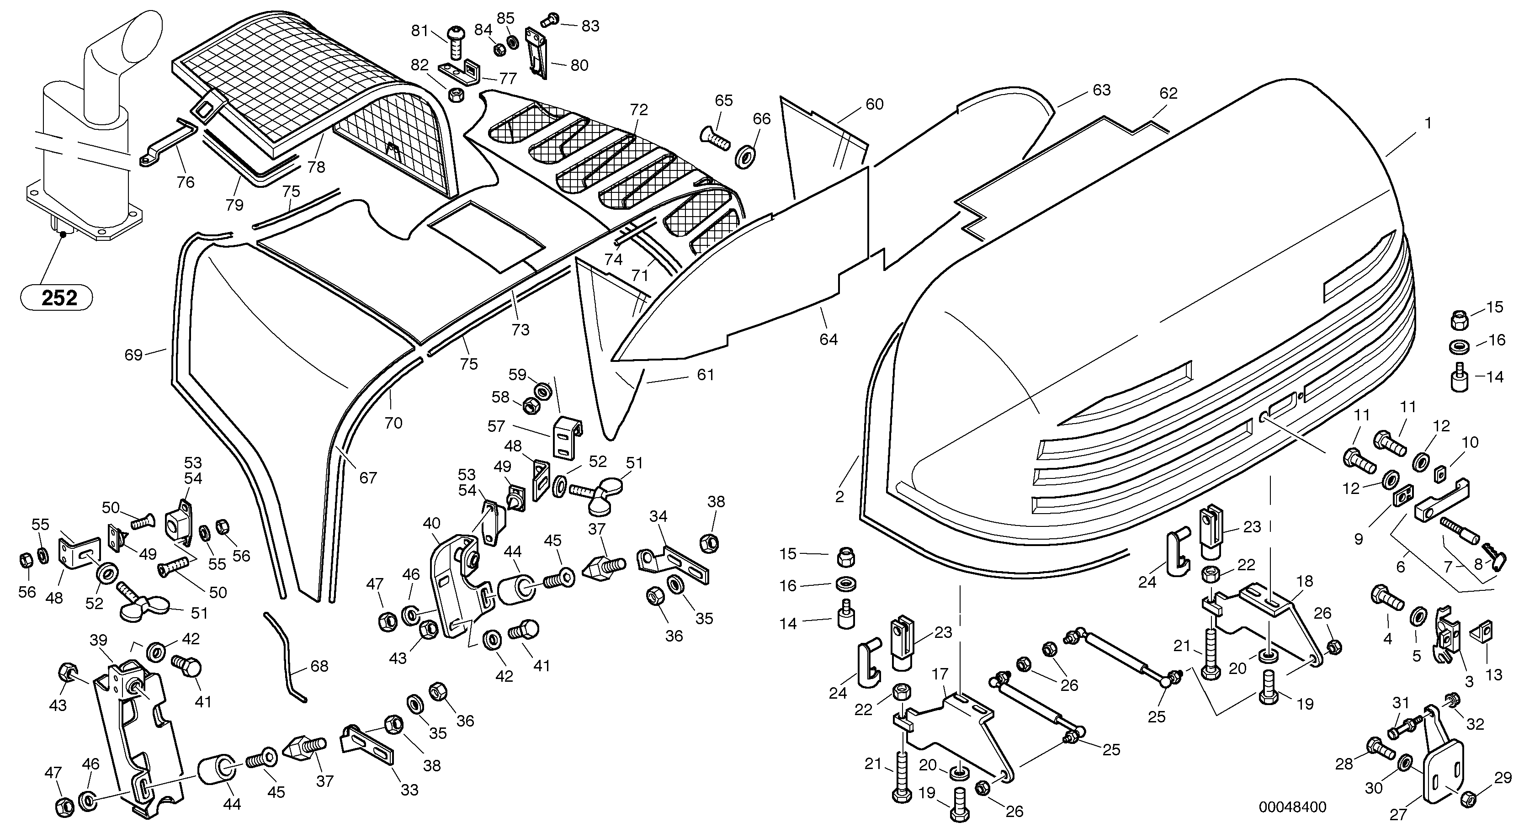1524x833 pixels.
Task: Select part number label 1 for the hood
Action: pos(1428,124)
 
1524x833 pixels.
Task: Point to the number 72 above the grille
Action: pos(639,110)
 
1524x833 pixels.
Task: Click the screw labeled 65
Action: pos(715,138)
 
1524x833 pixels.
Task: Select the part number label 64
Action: pos(828,339)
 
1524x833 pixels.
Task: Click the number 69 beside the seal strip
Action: pos(134,355)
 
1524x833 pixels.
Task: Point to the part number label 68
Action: pos(319,667)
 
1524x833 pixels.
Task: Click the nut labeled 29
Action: pos(1468,800)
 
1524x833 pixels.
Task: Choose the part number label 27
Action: pos(1398,815)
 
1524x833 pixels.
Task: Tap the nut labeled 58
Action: pos(531,405)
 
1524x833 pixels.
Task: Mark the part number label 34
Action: pos(658,516)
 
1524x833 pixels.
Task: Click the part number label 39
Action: pos(98,640)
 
